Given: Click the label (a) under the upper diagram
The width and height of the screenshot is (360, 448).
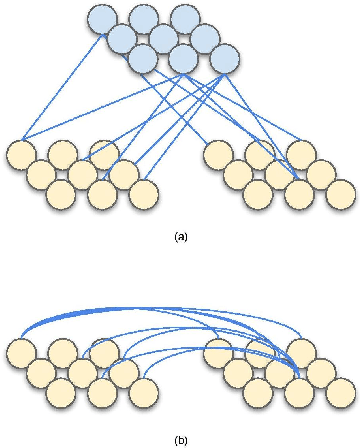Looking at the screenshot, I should pos(180,237).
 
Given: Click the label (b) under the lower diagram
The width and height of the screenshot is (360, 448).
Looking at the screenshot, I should pos(180,438).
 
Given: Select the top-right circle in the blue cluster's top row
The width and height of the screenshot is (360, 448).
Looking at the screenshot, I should pos(184,19).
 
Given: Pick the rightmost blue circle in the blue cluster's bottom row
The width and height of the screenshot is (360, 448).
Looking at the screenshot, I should pos(225,59).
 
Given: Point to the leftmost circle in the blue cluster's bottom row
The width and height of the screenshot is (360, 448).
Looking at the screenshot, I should pos(142,59).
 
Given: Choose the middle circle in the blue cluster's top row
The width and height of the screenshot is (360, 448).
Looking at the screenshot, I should pos(143,19).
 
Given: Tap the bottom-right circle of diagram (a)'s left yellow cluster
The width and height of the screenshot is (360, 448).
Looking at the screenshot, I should pos(143,194).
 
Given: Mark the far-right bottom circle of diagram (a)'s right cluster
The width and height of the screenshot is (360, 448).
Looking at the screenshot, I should pos(339,194).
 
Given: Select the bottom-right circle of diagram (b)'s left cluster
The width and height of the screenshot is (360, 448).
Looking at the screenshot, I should pos(143,391).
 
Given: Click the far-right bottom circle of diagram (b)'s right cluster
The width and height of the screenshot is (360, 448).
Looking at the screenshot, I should pos(339,391).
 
